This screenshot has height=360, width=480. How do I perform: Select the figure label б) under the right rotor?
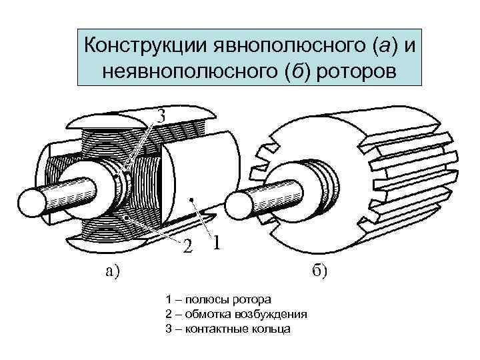pos(318,271)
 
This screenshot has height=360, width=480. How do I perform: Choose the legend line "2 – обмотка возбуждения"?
pos(235,314)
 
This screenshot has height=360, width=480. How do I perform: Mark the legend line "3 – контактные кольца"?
pos(227,329)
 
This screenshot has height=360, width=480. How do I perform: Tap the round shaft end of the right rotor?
pos(241,209)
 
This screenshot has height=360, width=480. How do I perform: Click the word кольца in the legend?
pos(274,329)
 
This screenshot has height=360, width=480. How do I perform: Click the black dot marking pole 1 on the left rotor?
pos(191,199)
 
